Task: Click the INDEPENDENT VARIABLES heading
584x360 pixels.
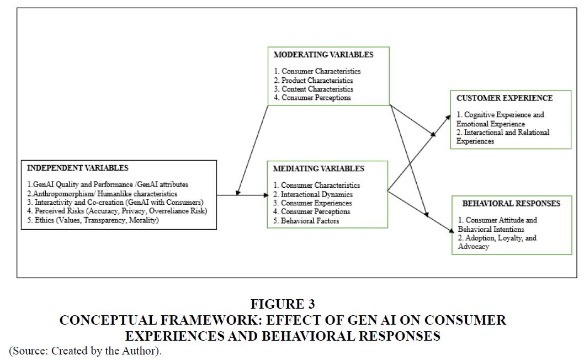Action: tap(77, 168)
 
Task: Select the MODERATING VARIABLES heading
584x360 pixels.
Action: tap(323, 55)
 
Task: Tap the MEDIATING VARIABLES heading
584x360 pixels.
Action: tap(318, 168)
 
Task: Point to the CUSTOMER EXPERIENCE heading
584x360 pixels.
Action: tap(505, 98)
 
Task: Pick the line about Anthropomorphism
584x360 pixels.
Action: tap(102, 194)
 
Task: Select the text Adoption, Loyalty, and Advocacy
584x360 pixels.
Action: tap(497, 242)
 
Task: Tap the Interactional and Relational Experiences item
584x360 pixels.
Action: tap(503, 136)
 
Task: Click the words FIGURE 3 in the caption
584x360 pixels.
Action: tap(283, 304)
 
